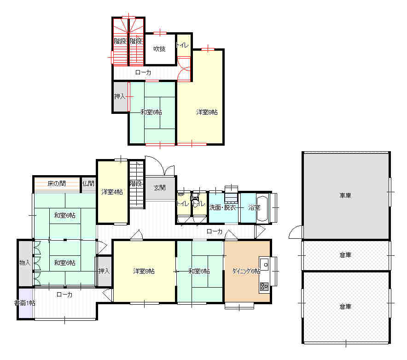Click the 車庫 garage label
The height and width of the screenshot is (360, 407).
coord(345,195)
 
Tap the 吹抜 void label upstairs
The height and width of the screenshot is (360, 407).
coord(159,49)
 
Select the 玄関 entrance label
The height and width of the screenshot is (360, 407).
coord(159,188)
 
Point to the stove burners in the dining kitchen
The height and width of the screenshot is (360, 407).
coord(264,286)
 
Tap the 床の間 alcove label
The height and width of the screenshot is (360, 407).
coord(57,183)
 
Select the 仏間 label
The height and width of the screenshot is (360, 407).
coord(88,183)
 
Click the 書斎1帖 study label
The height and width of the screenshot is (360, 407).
coord(25,303)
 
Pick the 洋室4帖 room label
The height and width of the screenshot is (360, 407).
coord(112,192)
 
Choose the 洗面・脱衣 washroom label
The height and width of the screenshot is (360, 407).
coord(222,207)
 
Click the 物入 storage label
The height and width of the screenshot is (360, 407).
coord(25,263)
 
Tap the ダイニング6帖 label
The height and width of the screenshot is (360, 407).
coord(246,271)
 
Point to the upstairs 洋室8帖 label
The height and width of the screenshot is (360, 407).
coord(207,112)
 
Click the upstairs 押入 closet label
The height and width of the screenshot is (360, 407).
coord(120,96)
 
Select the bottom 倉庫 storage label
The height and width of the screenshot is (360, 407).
coord(345,307)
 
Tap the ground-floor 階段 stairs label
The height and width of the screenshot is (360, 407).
coord(136,183)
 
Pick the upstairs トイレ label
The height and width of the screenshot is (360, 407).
coord(182,45)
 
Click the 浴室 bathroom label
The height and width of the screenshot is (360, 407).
coord(254,207)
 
